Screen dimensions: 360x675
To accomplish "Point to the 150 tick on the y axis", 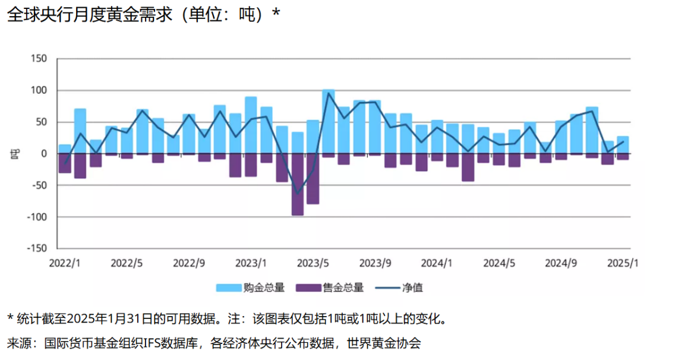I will click(x=39, y=59).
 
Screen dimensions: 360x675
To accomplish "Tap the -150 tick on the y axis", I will click(x=37, y=248).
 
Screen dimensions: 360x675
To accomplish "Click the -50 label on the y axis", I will click(x=39, y=185).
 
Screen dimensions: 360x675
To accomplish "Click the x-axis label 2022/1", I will click(x=65, y=263).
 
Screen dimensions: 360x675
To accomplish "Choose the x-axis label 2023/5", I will click(x=313, y=263).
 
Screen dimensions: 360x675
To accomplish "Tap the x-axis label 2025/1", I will click(x=623, y=263).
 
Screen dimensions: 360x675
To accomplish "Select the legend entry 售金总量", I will click(x=343, y=288).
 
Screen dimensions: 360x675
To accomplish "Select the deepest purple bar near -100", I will click(x=298, y=184).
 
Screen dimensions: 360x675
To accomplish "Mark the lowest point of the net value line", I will click(x=298, y=194).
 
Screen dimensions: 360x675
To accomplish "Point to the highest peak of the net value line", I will click(x=329, y=93).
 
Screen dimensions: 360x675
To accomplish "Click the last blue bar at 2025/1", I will click(x=623, y=145).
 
